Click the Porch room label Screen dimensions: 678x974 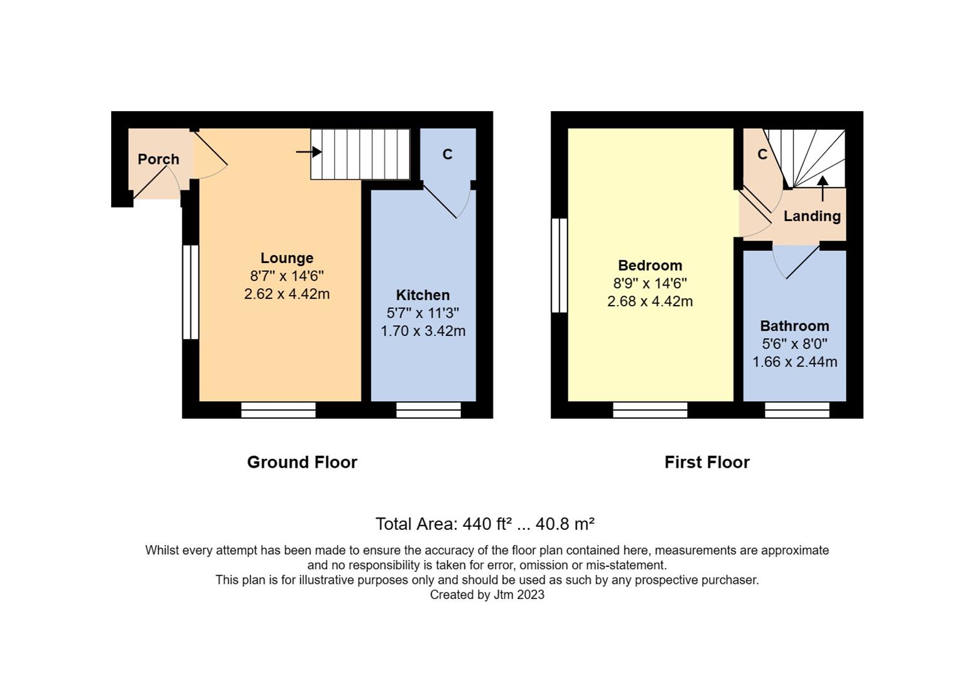158,159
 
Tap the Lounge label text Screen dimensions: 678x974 286,258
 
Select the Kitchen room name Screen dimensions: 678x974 423,295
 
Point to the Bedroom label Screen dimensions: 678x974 650,266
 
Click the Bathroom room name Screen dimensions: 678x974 794,326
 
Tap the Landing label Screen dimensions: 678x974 811,216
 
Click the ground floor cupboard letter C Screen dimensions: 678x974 447,154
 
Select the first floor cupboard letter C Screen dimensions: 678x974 762,154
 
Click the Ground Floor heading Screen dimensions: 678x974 302,462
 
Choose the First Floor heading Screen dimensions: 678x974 706,462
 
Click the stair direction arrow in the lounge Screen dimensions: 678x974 308,152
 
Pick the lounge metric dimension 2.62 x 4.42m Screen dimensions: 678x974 286,294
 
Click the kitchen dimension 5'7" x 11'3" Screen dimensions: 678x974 423,313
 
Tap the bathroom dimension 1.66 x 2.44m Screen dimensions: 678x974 794,362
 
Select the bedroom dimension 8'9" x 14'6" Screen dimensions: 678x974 650,284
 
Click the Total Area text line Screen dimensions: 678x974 485,524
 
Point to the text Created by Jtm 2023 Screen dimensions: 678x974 487,595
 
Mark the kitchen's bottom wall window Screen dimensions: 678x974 428,410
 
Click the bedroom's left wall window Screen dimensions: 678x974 559,265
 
